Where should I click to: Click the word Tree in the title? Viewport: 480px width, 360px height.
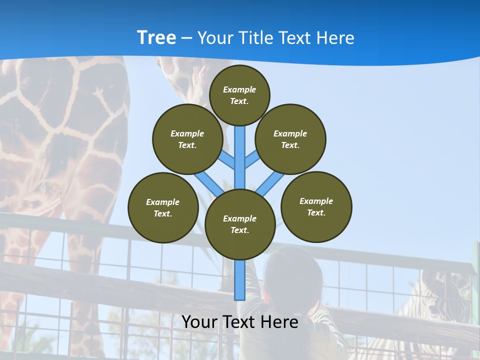coord(156,37)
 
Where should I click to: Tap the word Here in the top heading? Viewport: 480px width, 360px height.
coord(335,38)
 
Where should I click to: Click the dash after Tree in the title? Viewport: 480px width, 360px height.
coord(186,38)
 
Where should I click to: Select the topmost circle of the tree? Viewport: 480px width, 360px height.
coord(239,95)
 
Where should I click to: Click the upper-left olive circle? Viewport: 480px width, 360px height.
coord(187,139)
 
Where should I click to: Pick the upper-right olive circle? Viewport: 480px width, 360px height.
coord(290,139)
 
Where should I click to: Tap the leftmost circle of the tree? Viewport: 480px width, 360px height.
coord(163,207)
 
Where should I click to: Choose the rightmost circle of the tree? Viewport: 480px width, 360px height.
coord(316,206)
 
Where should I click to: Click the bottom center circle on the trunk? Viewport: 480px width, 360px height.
coord(240,224)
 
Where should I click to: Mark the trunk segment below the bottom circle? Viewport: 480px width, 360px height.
coord(240,280)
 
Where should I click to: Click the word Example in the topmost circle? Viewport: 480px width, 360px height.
coord(239,89)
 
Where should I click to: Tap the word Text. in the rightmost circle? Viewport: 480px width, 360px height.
coord(316,212)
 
